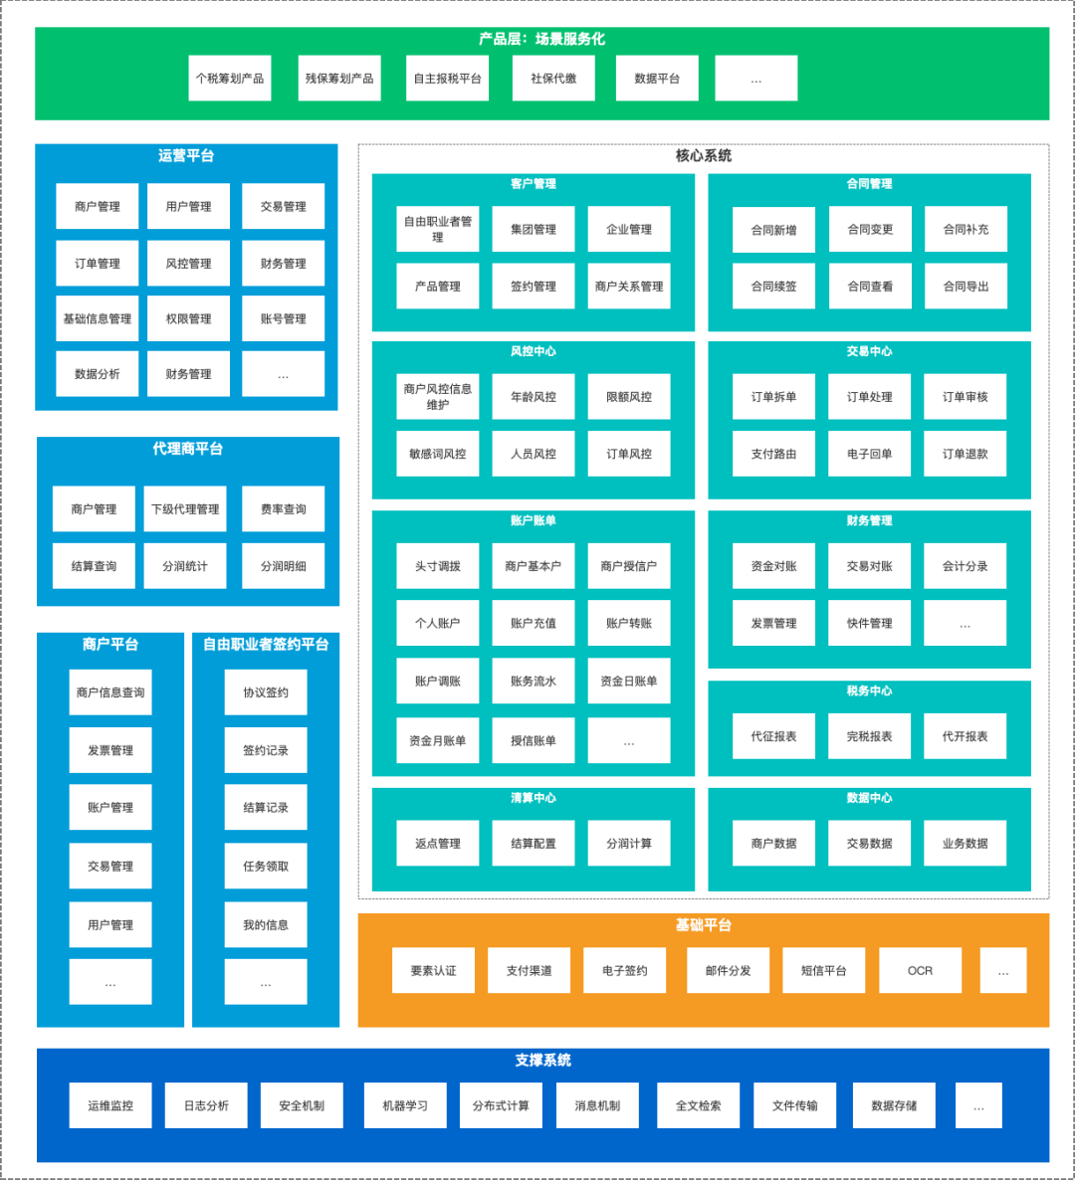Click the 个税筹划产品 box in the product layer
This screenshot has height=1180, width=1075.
(x=230, y=79)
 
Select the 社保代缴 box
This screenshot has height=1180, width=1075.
(x=553, y=79)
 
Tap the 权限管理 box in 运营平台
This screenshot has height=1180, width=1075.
(x=188, y=319)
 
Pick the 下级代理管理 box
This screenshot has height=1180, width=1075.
(x=185, y=509)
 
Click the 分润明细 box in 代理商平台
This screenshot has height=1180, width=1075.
(x=284, y=566)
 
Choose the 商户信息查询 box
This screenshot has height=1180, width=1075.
(x=110, y=692)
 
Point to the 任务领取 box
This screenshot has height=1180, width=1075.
(x=266, y=867)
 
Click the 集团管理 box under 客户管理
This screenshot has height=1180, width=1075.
(x=534, y=230)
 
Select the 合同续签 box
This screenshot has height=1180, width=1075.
(x=773, y=287)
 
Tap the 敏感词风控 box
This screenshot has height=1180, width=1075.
(x=438, y=454)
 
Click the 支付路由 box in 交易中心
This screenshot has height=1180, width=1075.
(x=773, y=454)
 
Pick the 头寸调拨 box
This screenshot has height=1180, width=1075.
(x=438, y=566)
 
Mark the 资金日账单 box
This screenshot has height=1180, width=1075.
(x=629, y=682)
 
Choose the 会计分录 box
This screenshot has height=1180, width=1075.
(x=966, y=566)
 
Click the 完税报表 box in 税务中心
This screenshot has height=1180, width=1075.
(x=870, y=737)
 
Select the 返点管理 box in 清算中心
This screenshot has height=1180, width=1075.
(x=438, y=844)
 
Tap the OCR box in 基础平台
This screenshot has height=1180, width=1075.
(x=921, y=971)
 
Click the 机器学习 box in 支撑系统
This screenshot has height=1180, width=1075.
(x=405, y=1106)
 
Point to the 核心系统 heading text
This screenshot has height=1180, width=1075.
(x=704, y=156)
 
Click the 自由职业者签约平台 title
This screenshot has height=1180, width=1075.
(x=266, y=645)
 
